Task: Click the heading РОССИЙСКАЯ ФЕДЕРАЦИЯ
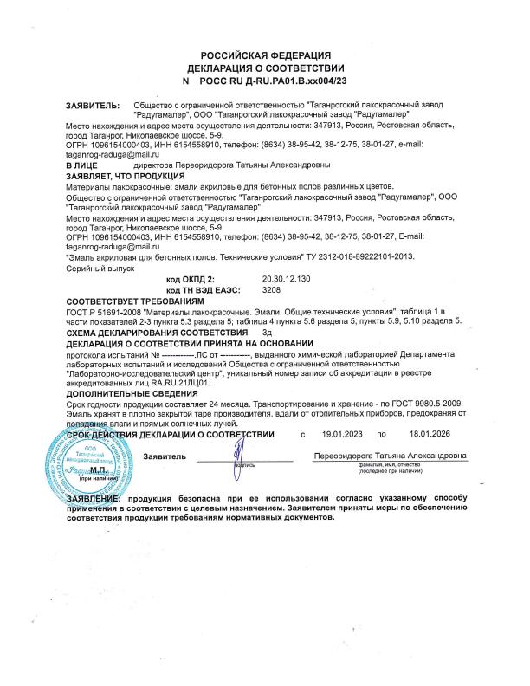coord(265,54)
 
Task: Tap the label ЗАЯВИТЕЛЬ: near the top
coord(93,105)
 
